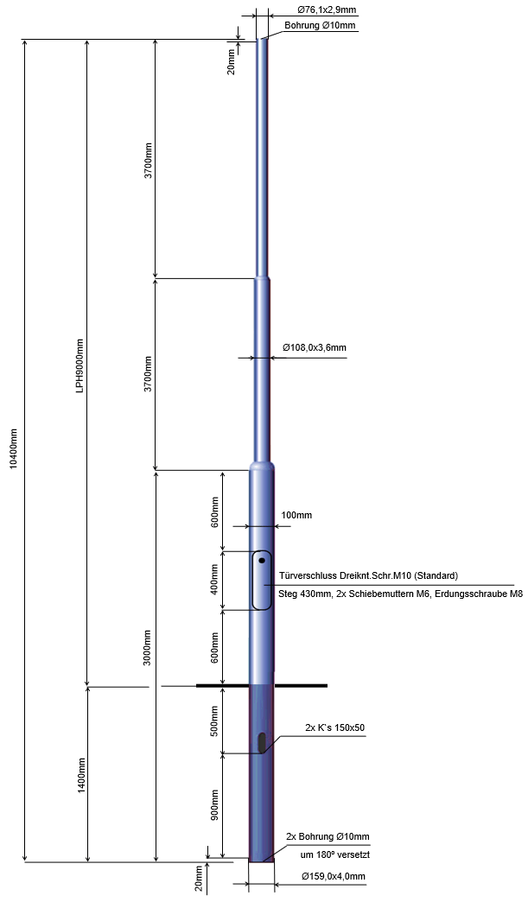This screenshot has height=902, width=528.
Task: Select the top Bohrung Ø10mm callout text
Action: tap(320, 26)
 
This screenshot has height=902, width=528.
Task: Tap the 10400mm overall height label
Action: tap(11, 449)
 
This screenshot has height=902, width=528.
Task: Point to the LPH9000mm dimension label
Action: tap(80, 365)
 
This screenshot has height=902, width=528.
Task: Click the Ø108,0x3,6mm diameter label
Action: tap(315, 348)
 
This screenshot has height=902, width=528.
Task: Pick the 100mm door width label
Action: tap(296, 516)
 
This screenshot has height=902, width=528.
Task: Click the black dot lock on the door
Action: tap(261, 562)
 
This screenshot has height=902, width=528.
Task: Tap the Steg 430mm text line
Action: tap(400, 594)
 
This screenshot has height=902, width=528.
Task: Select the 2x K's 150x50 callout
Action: tap(335, 727)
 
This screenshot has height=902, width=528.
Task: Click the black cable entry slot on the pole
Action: tap(262, 742)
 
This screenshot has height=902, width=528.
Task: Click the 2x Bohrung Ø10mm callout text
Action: tap(328, 837)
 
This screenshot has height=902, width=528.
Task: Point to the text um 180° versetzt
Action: tap(334, 854)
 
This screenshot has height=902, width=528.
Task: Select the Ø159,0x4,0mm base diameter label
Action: tap(334, 877)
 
